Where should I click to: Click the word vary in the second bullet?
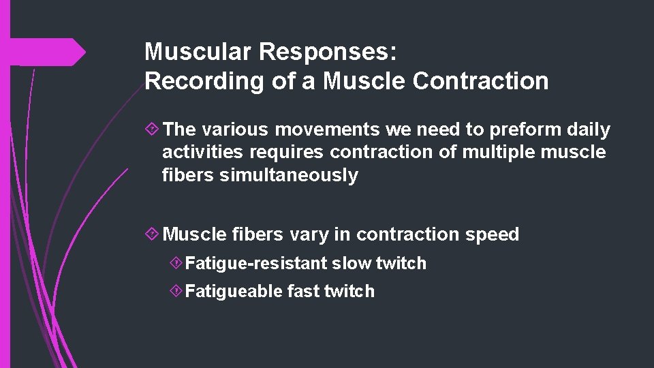coord(309,234)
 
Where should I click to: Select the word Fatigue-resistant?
coord(257,263)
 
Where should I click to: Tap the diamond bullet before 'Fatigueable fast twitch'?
coord(176,292)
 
